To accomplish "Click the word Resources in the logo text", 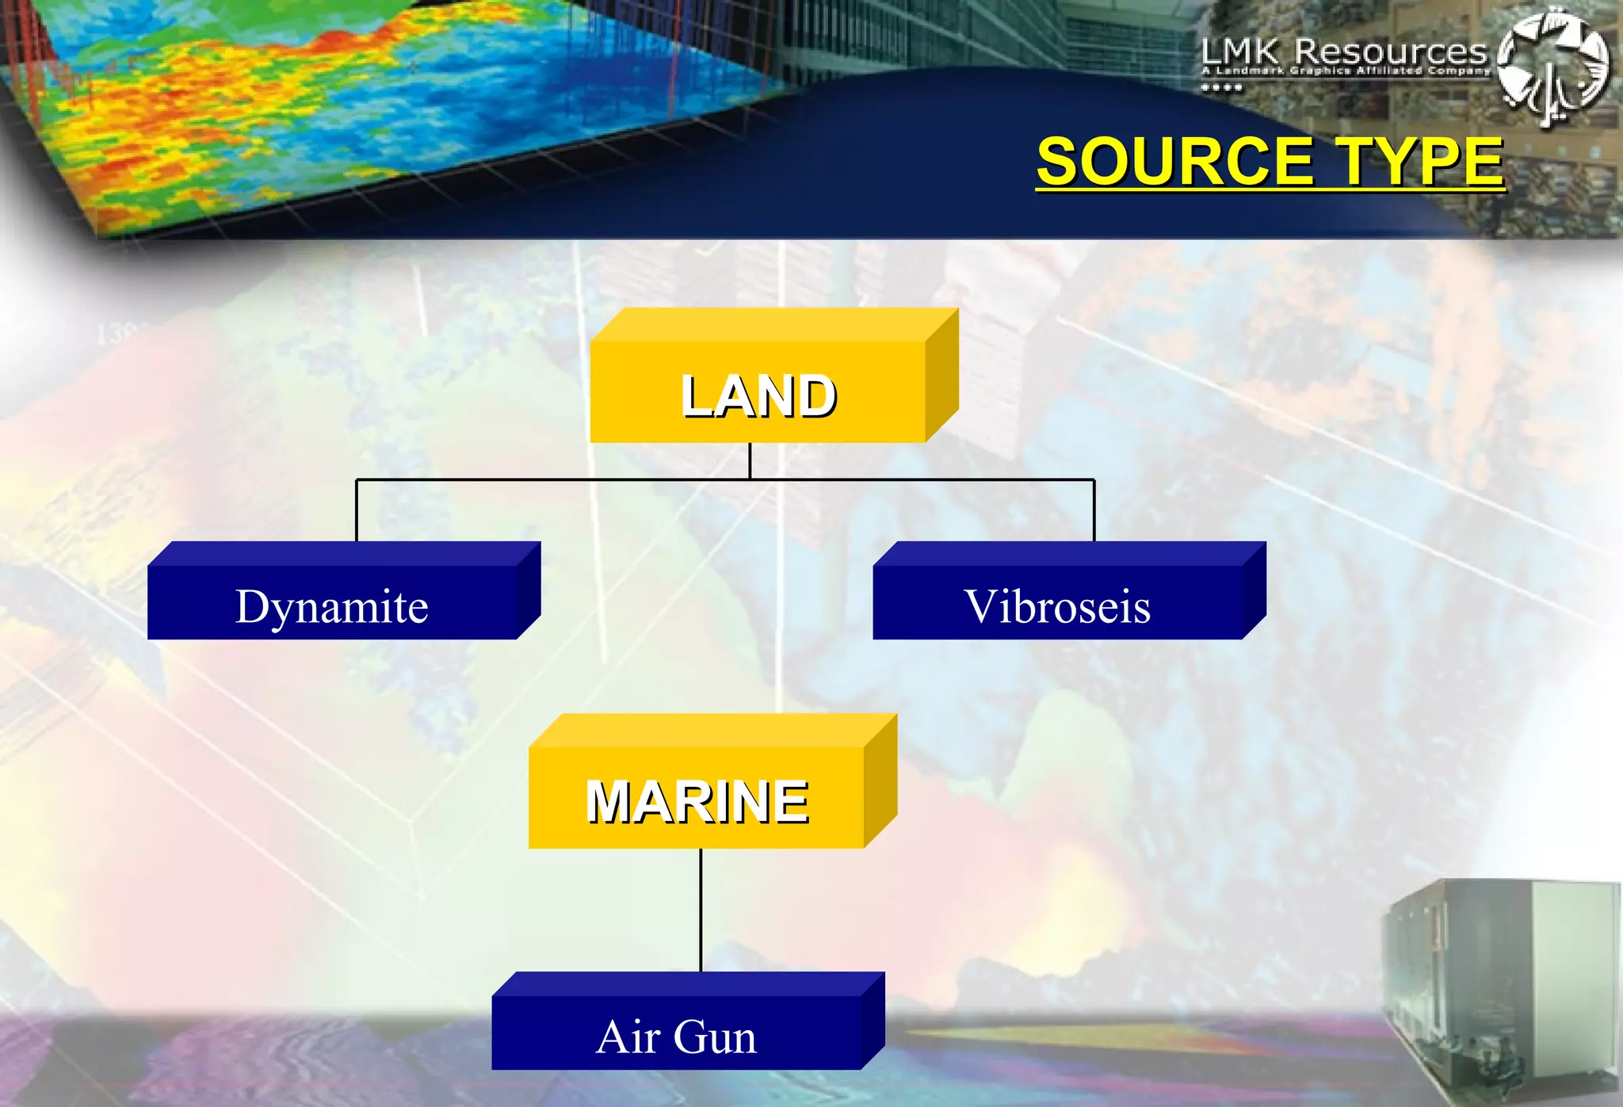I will (x=1391, y=52).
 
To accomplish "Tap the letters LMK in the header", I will (x=1240, y=52).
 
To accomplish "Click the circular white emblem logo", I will (x=1553, y=67).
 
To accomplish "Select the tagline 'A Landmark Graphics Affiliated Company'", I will (x=1346, y=71).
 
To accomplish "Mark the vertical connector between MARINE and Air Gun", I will (x=701, y=910).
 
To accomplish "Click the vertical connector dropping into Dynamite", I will (x=357, y=510).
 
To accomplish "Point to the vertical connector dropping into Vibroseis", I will (x=1094, y=510).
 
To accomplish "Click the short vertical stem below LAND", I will (x=750, y=460).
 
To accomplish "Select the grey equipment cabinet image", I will (x=1498, y=991).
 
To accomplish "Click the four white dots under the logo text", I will (x=1221, y=87).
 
